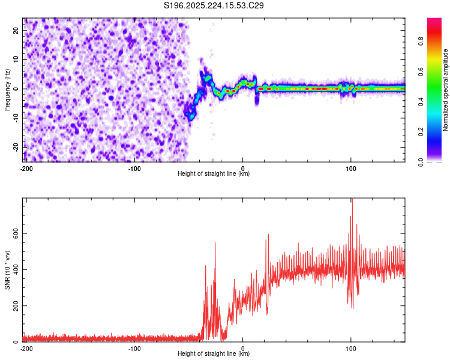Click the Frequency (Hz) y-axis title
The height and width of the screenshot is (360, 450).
(7, 89)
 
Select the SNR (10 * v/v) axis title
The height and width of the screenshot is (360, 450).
(7, 271)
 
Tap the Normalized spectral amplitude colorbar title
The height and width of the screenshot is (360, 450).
(446, 89)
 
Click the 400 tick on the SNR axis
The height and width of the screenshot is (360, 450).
(14, 269)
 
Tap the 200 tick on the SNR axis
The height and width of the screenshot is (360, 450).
(14, 306)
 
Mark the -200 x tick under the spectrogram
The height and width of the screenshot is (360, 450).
(26, 168)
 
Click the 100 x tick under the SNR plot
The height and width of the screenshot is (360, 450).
(352, 348)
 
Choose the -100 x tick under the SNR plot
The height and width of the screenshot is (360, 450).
(134, 348)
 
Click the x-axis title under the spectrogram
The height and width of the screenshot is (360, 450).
(214, 173)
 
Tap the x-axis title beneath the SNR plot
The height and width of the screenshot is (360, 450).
(214, 353)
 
